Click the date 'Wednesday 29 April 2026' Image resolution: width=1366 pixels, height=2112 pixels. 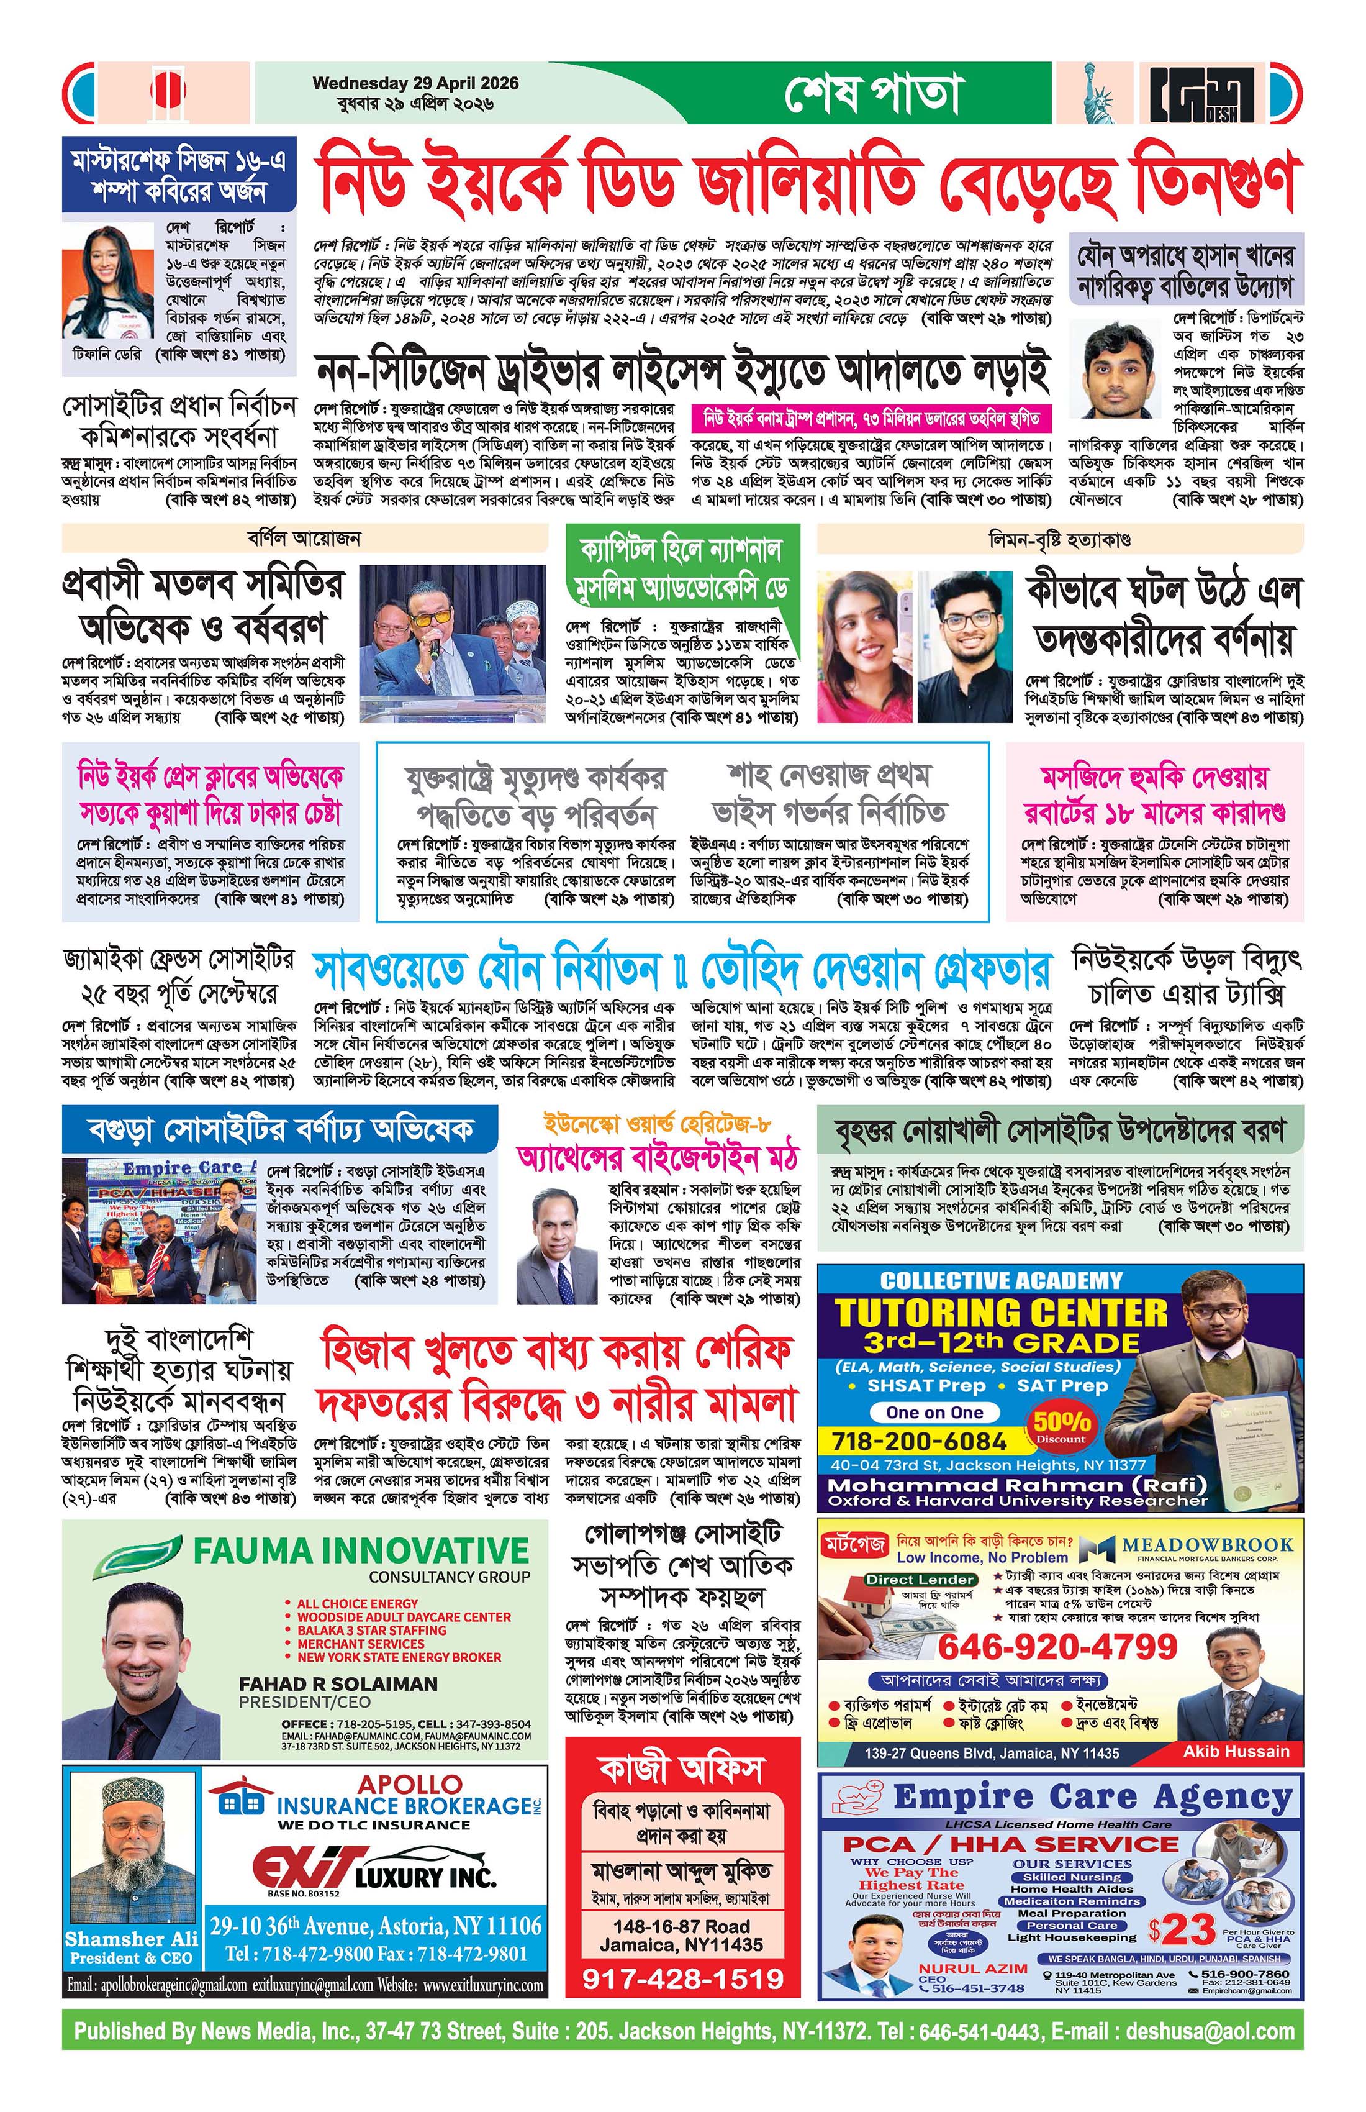pyautogui.click(x=415, y=83)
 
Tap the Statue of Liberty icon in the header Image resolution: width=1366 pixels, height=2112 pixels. pyautogui.click(x=1097, y=93)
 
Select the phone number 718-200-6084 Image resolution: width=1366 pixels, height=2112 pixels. pyautogui.click(x=918, y=1441)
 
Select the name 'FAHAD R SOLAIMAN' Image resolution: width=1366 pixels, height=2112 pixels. pyautogui.click(x=338, y=1683)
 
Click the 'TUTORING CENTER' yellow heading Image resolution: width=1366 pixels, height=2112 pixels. pyautogui.click(x=1002, y=1313)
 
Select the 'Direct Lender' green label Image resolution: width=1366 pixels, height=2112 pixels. pyautogui.click(x=920, y=1580)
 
